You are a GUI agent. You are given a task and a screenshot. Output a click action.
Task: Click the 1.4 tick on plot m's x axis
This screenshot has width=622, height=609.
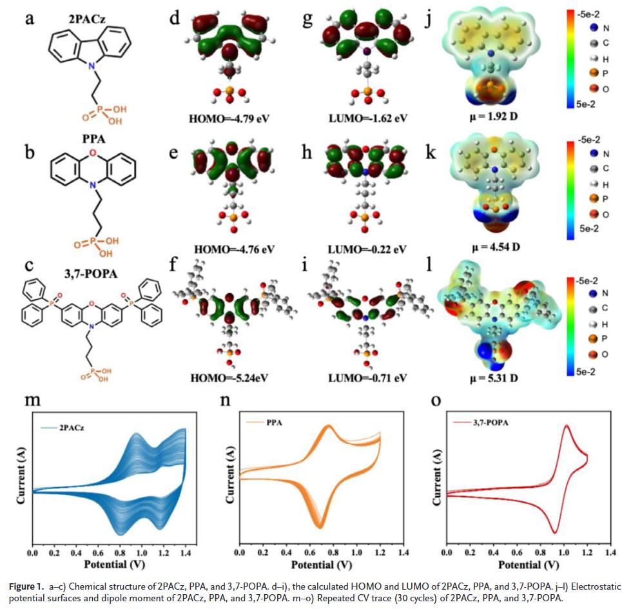[186, 553]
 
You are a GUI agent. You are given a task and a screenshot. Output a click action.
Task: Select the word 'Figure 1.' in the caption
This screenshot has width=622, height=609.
[27, 586]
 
